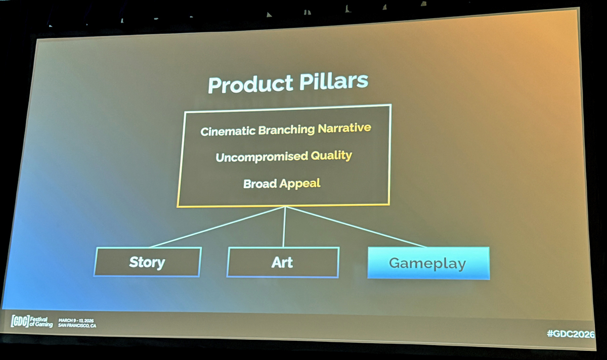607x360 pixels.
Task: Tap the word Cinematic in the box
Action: click(x=228, y=131)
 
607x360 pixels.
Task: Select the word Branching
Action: click(x=286, y=130)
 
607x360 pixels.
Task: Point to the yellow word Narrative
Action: click(x=344, y=127)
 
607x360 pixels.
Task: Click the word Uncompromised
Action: click(x=262, y=157)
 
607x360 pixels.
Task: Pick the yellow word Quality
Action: click(x=331, y=156)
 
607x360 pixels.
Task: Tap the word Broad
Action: click(x=260, y=184)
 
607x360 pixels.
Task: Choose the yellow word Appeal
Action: click(x=300, y=184)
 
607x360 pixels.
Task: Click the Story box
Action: click(x=147, y=262)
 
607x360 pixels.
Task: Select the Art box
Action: click(x=283, y=262)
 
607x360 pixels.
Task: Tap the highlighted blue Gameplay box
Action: click(x=428, y=263)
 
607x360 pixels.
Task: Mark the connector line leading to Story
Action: click(x=217, y=227)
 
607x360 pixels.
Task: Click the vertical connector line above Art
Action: click(x=284, y=227)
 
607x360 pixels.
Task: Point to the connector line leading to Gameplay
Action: click(x=355, y=227)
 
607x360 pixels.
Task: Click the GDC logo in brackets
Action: click(x=20, y=321)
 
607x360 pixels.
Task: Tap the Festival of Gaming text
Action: click(x=41, y=322)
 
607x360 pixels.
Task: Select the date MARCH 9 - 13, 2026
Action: click(x=76, y=321)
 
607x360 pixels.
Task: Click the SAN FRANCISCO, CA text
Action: click(x=77, y=325)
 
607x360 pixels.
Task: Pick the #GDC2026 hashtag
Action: click(x=571, y=334)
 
